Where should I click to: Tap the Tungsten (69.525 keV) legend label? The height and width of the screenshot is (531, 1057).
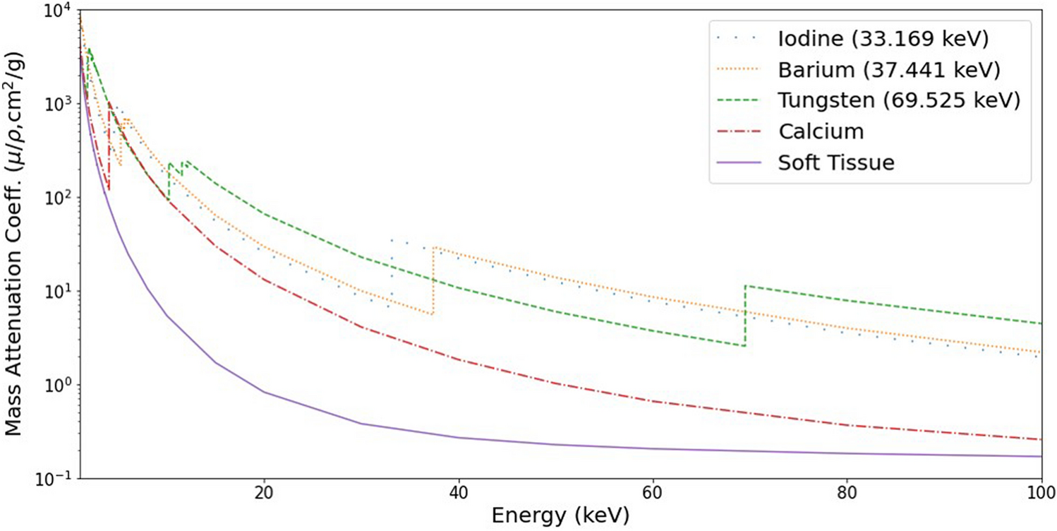tap(900, 100)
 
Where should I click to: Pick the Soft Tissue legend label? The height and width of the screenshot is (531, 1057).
tap(836, 162)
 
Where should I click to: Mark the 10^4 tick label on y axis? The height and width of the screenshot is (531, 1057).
tap(57, 10)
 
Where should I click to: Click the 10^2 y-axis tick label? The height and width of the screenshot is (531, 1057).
tap(57, 197)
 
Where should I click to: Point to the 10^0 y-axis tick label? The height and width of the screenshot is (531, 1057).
tap(57, 385)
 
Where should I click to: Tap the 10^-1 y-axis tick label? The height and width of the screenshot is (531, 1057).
tap(55, 478)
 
